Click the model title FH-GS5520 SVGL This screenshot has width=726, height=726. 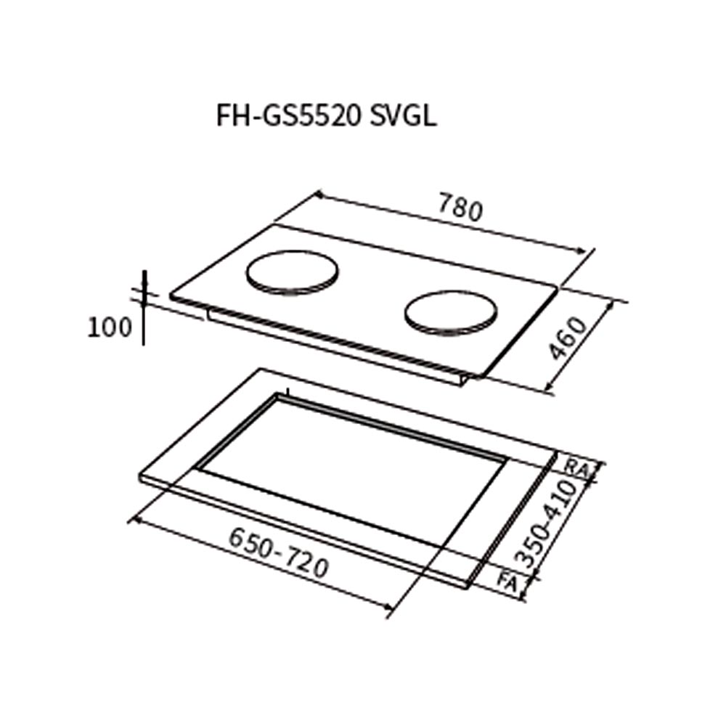click(x=327, y=117)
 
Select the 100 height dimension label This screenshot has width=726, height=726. click(x=110, y=328)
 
